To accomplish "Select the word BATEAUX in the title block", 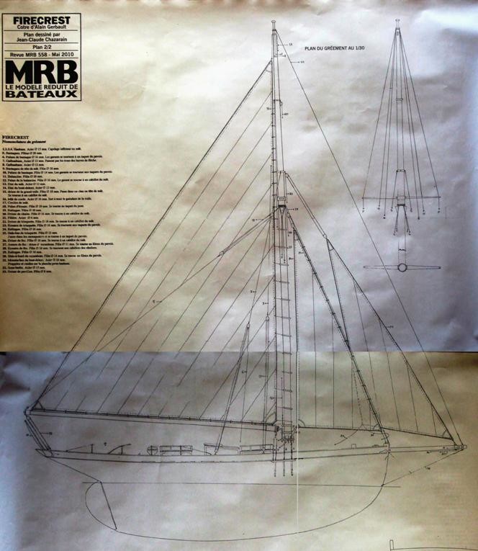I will [41, 94].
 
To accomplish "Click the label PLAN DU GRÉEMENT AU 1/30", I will [336, 48].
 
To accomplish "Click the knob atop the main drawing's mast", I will [274, 23].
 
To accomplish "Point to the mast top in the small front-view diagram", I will [397, 22].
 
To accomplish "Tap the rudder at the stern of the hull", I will [104, 500].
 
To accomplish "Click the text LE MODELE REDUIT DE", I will [41, 86].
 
